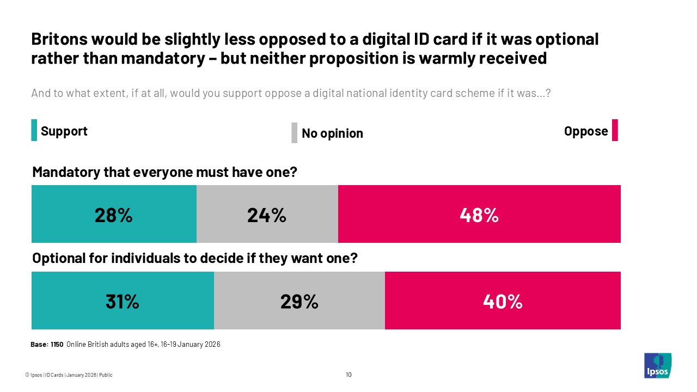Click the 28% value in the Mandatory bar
pos(113,216)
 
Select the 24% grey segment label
pos(266,216)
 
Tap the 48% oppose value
pos(479,216)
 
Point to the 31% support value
pos(122,301)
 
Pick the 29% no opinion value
pos(299,301)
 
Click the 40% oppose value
pos(502,301)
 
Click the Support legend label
pos(64,131)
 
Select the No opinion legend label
pos(332,133)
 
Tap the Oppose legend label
pos(586,131)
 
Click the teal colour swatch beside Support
pos(34,131)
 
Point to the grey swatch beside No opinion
pos(294,133)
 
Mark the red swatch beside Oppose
pos(615,131)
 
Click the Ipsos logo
pos(657,365)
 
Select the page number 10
pos(348,375)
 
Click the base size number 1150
pos(57,345)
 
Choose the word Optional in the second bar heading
pos(57,258)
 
